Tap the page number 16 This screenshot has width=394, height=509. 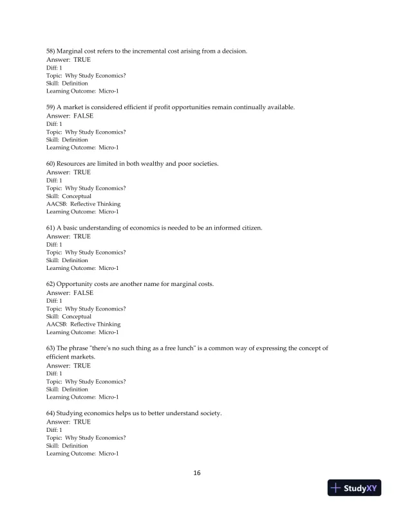pos(197,473)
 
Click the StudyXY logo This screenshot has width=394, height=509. pos(354,488)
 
